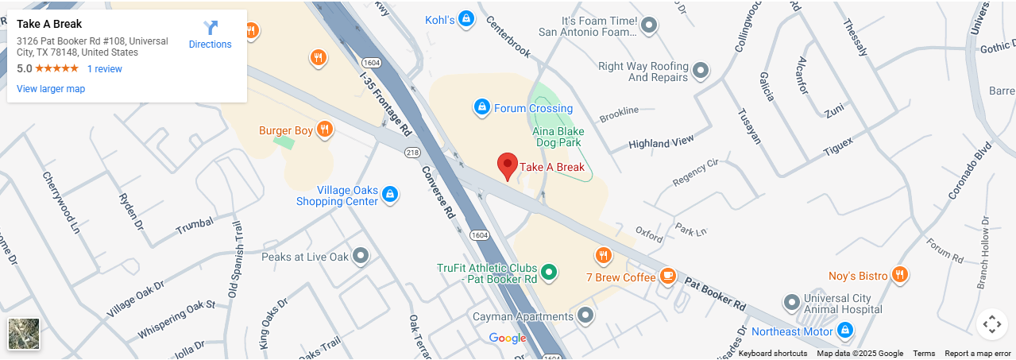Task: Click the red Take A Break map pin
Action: pos(508,165)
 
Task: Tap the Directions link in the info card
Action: pos(211,36)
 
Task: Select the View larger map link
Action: pos(51,89)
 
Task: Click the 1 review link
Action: pos(105,69)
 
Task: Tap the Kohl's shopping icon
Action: pos(467,18)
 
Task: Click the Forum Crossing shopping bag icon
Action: pos(481,106)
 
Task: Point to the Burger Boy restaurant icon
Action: pos(324,130)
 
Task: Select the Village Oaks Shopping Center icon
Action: pos(389,194)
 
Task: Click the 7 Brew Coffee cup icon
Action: pos(668,276)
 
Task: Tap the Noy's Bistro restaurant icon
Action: pos(899,275)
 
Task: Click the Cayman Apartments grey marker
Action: pos(585,315)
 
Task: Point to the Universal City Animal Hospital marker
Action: pos(791,303)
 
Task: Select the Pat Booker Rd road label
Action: pos(715,294)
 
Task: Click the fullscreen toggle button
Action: pos(991,324)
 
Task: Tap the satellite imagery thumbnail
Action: pos(24,334)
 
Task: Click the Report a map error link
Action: pos(977,354)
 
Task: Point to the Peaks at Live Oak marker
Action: pos(361,256)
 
